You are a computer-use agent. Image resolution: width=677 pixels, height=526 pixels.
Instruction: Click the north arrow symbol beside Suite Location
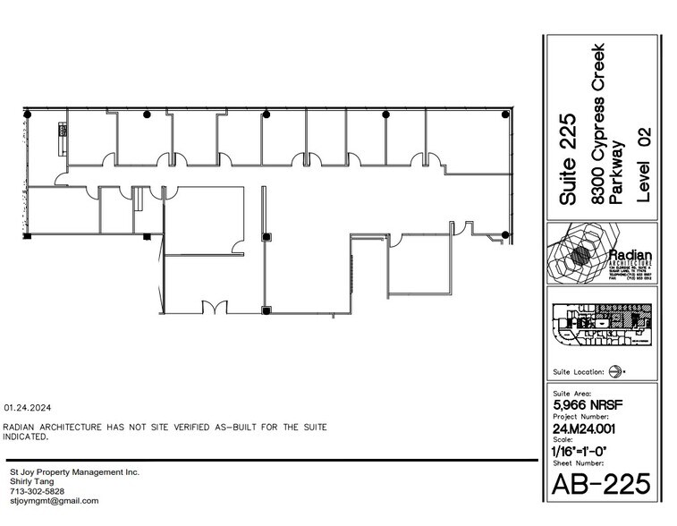(615, 371)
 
